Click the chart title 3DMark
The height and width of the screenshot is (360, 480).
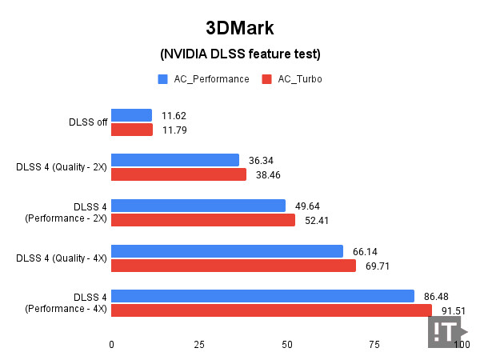240,29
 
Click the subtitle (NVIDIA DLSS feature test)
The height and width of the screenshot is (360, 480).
240,54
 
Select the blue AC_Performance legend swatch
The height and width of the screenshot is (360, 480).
162,79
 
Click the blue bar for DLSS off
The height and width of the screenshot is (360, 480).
131,115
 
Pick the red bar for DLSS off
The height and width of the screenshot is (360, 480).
132,130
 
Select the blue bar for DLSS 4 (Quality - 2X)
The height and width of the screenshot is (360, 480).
174,160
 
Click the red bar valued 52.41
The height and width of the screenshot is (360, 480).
202,220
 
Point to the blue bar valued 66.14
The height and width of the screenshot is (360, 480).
226,250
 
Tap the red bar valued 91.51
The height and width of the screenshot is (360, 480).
271,310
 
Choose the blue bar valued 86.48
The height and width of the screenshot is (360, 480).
262,296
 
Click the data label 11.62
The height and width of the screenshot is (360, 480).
173,116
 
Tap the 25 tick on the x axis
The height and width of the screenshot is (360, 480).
198,344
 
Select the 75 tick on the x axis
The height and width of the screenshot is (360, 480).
374,344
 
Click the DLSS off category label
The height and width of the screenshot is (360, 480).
88,122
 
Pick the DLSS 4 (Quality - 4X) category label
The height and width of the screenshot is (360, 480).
62,258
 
